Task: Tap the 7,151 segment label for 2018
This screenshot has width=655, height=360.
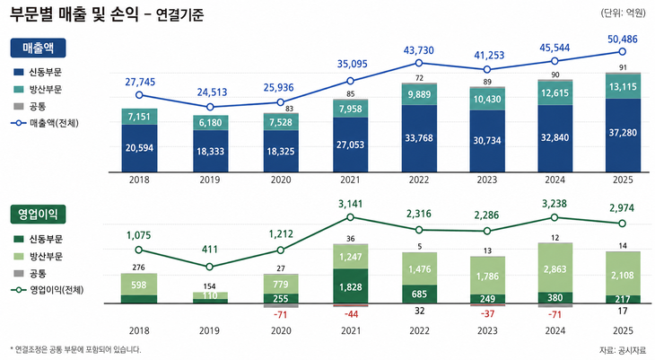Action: (x=138, y=118)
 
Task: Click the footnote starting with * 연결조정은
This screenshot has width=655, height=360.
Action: (x=75, y=349)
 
